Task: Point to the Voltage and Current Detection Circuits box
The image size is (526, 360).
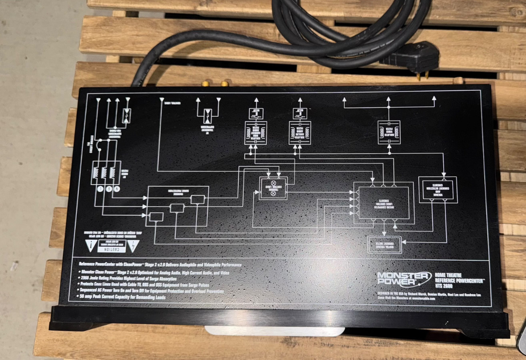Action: pos(438,189)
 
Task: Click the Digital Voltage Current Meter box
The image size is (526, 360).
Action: pos(384,245)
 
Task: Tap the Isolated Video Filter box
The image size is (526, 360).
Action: pos(389,132)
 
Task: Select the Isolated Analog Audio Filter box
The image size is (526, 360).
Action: pos(300,133)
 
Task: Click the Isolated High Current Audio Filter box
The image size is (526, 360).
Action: pos(256,133)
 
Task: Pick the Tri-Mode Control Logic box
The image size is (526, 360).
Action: pos(273,188)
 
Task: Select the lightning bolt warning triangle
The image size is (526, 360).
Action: pos(133,246)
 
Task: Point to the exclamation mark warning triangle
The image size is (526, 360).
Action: pos(92,246)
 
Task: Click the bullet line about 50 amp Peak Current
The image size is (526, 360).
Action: pos(124,297)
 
